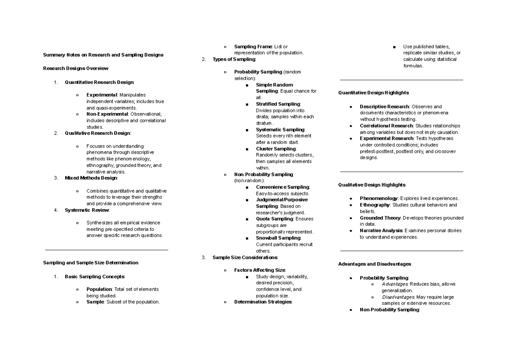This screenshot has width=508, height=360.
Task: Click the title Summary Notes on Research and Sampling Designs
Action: pos(103,55)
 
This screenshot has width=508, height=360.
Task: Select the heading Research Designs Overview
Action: pos(76,68)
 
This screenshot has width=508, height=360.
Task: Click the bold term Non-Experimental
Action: pos(107,114)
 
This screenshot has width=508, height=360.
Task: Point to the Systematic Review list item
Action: pos(87,210)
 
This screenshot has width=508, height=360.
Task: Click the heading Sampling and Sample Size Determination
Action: pos(91,263)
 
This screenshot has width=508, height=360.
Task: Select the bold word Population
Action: pos(99,289)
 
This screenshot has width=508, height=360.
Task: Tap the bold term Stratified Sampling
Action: pos(278,104)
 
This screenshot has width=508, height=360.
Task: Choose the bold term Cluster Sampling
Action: pos(276,149)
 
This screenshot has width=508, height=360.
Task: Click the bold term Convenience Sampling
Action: pos(282,187)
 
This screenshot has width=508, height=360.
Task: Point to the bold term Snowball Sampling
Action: pos(278,238)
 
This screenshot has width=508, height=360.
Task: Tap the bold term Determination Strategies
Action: pos(262,302)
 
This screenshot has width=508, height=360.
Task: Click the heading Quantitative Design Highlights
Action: pos(373,92)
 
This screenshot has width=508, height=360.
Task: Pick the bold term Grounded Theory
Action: pos(380,218)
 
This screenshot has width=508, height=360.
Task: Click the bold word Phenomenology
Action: pos(378,198)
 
